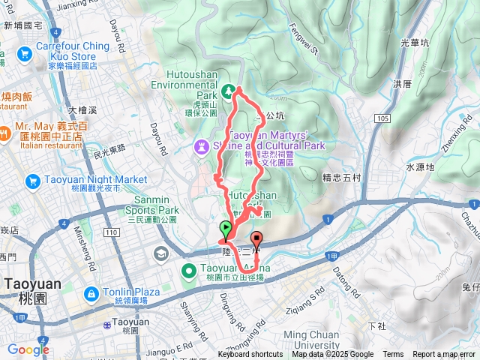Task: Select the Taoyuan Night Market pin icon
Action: (x=32, y=181)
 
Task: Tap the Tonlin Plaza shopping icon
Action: (x=90, y=292)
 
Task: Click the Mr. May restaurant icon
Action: (x=6, y=134)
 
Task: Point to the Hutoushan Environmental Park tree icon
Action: (x=227, y=91)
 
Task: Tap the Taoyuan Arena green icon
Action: (x=190, y=269)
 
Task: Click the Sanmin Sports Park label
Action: (x=146, y=205)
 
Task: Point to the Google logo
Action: (x=28, y=349)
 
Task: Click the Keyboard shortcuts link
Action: (x=250, y=355)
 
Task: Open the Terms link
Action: (x=393, y=355)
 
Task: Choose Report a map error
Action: (x=445, y=355)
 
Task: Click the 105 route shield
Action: (x=384, y=118)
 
